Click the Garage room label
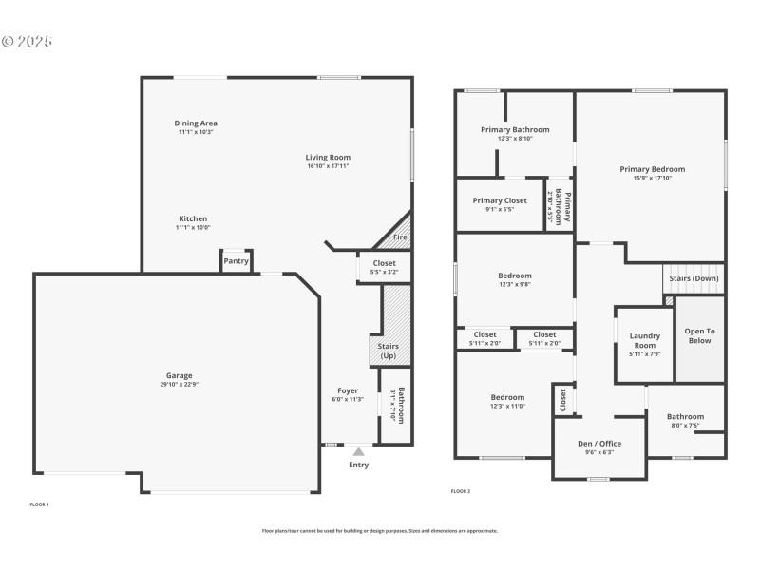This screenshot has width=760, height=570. tap(180, 375)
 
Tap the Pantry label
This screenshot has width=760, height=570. tap(236, 261)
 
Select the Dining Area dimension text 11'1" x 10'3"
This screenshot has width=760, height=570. tap(196, 132)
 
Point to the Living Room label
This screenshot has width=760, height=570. tap(328, 157)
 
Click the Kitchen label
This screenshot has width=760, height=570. tap(191, 218)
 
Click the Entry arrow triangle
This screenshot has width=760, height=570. tap(358, 452)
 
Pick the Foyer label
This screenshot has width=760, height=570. tap(348, 390)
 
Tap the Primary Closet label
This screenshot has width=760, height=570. tap(500, 200)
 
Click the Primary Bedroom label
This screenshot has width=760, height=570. tap(652, 169)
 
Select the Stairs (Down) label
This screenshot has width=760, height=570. tap(693, 279)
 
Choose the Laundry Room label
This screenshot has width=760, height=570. tap(644, 340)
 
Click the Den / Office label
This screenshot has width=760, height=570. tap(599, 444)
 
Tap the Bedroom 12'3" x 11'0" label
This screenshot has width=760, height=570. tap(507, 397)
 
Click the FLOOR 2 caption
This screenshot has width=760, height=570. tap(461, 491)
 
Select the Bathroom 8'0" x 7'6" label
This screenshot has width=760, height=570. tap(685, 416)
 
